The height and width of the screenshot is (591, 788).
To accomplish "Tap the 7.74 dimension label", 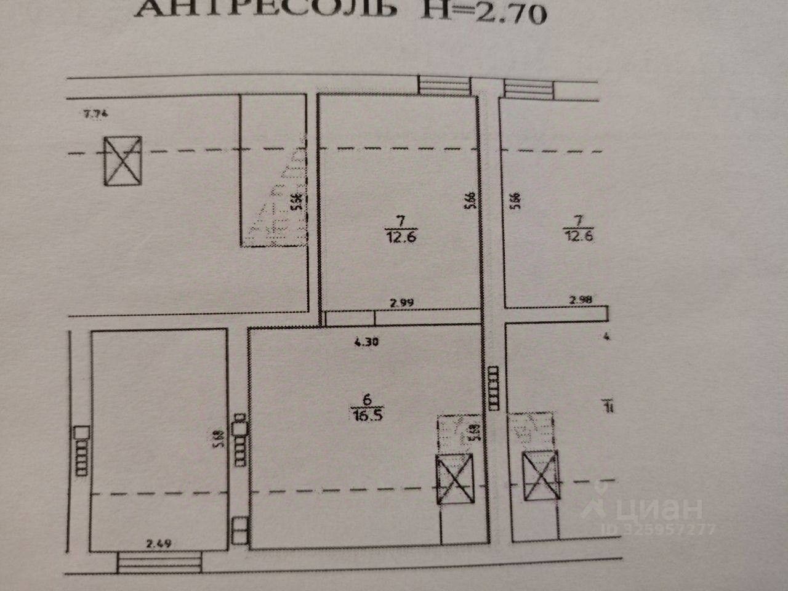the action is coord(95,113).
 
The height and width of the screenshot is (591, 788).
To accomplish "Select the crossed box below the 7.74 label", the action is coord(122,159).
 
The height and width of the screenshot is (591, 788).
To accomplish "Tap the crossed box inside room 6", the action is coord(454,480).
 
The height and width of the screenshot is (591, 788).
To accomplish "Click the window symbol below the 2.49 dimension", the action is coord(159,562).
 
